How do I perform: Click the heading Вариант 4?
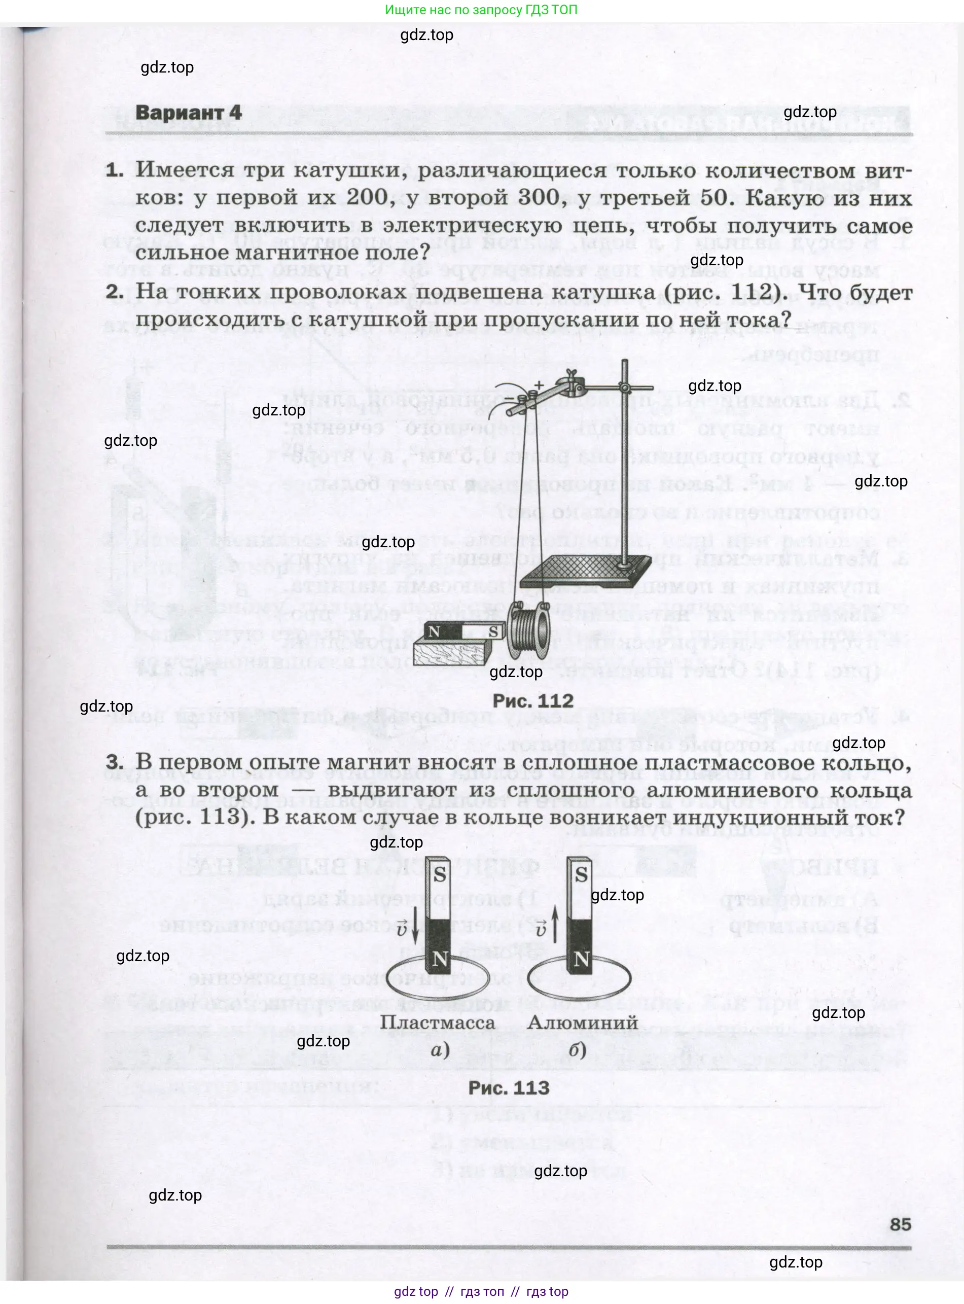pos(188,112)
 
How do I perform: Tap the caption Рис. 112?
pos(533,700)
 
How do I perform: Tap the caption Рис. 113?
pos(509,1087)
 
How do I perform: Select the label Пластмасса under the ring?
pos(437,1022)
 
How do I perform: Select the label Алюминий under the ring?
pos(582,1022)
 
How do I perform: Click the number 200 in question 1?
pos(367,197)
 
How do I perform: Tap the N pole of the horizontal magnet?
pos(434,631)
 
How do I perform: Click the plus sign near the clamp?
pos(539,385)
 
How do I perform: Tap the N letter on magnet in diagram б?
pos(581,959)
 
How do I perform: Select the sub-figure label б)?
pos(577,1051)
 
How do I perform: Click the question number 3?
pos(114,762)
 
